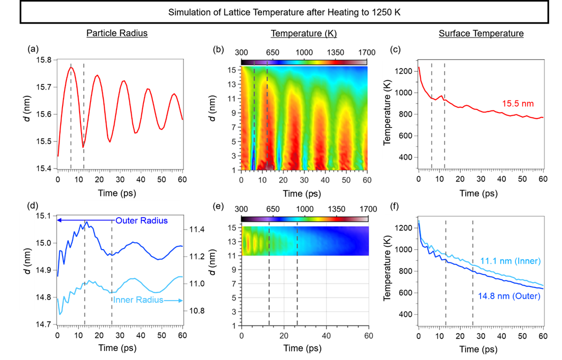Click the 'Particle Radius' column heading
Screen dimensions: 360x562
pos(117,33)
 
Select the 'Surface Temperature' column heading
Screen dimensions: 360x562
pos(481,33)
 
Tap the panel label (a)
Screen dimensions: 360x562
pos(33,49)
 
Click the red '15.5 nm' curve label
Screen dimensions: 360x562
pos(518,104)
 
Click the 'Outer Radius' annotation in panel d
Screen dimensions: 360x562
pos(141,220)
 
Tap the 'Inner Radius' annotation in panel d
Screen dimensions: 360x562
pos(138,300)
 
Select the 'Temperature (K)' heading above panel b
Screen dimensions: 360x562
pos(304,33)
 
